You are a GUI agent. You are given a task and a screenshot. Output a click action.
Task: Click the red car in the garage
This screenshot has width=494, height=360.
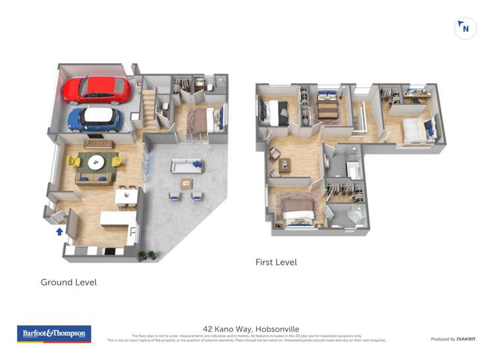pyautogui.click(x=97, y=89)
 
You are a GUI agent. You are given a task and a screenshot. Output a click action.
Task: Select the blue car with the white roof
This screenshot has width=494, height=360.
pyautogui.click(x=96, y=118)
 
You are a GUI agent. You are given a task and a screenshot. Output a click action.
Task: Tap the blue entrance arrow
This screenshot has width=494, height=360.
pyautogui.click(x=60, y=231)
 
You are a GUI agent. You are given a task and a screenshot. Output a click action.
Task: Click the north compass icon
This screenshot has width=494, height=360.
pyautogui.click(x=465, y=28)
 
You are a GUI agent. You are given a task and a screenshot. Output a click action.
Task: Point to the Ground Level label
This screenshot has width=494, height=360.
pyautogui.click(x=69, y=282)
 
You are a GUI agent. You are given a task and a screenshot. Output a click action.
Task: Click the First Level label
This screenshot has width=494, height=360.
pyautogui.click(x=276, y=262)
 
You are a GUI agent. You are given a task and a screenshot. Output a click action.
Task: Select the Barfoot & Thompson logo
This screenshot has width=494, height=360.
pyautogui.click(x=54, y=334)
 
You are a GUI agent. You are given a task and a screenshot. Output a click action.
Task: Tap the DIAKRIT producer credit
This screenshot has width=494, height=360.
pyautogui.click(x=466, y=339)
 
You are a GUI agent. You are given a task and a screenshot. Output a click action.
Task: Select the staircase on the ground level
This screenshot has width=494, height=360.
pyautogui.click(x=150, y=107)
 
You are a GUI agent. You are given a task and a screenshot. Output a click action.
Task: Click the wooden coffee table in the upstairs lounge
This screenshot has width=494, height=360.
pyautogui.click(x=285, y=165)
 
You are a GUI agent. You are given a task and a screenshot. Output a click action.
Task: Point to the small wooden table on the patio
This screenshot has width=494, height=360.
pyautogui.click(x=186, y=184)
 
